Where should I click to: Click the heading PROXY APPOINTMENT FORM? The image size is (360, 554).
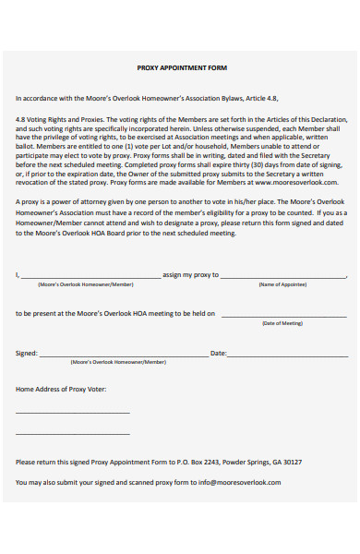181,68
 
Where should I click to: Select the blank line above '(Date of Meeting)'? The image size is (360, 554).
282,316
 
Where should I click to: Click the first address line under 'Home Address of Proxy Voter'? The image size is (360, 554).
73,413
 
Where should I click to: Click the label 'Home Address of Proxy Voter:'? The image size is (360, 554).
61,390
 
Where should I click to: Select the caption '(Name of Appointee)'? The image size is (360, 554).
282,284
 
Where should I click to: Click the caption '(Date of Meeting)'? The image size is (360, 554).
282,323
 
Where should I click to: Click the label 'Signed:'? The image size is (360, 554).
27,354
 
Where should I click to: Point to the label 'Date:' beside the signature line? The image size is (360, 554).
219,354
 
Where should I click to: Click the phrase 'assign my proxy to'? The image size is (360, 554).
190,275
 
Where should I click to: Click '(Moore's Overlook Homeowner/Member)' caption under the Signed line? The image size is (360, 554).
118,363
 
